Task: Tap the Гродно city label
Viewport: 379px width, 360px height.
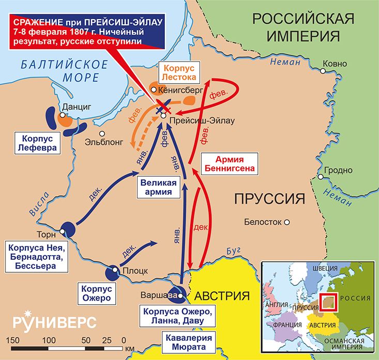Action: coord(339,170)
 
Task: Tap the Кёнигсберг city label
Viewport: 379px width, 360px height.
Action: coord(179,90)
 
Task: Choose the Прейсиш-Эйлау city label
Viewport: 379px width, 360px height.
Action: coord(202,120)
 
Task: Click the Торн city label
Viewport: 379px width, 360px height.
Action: coord(46,233)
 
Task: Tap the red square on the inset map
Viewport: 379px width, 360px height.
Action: coord(328,302)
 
